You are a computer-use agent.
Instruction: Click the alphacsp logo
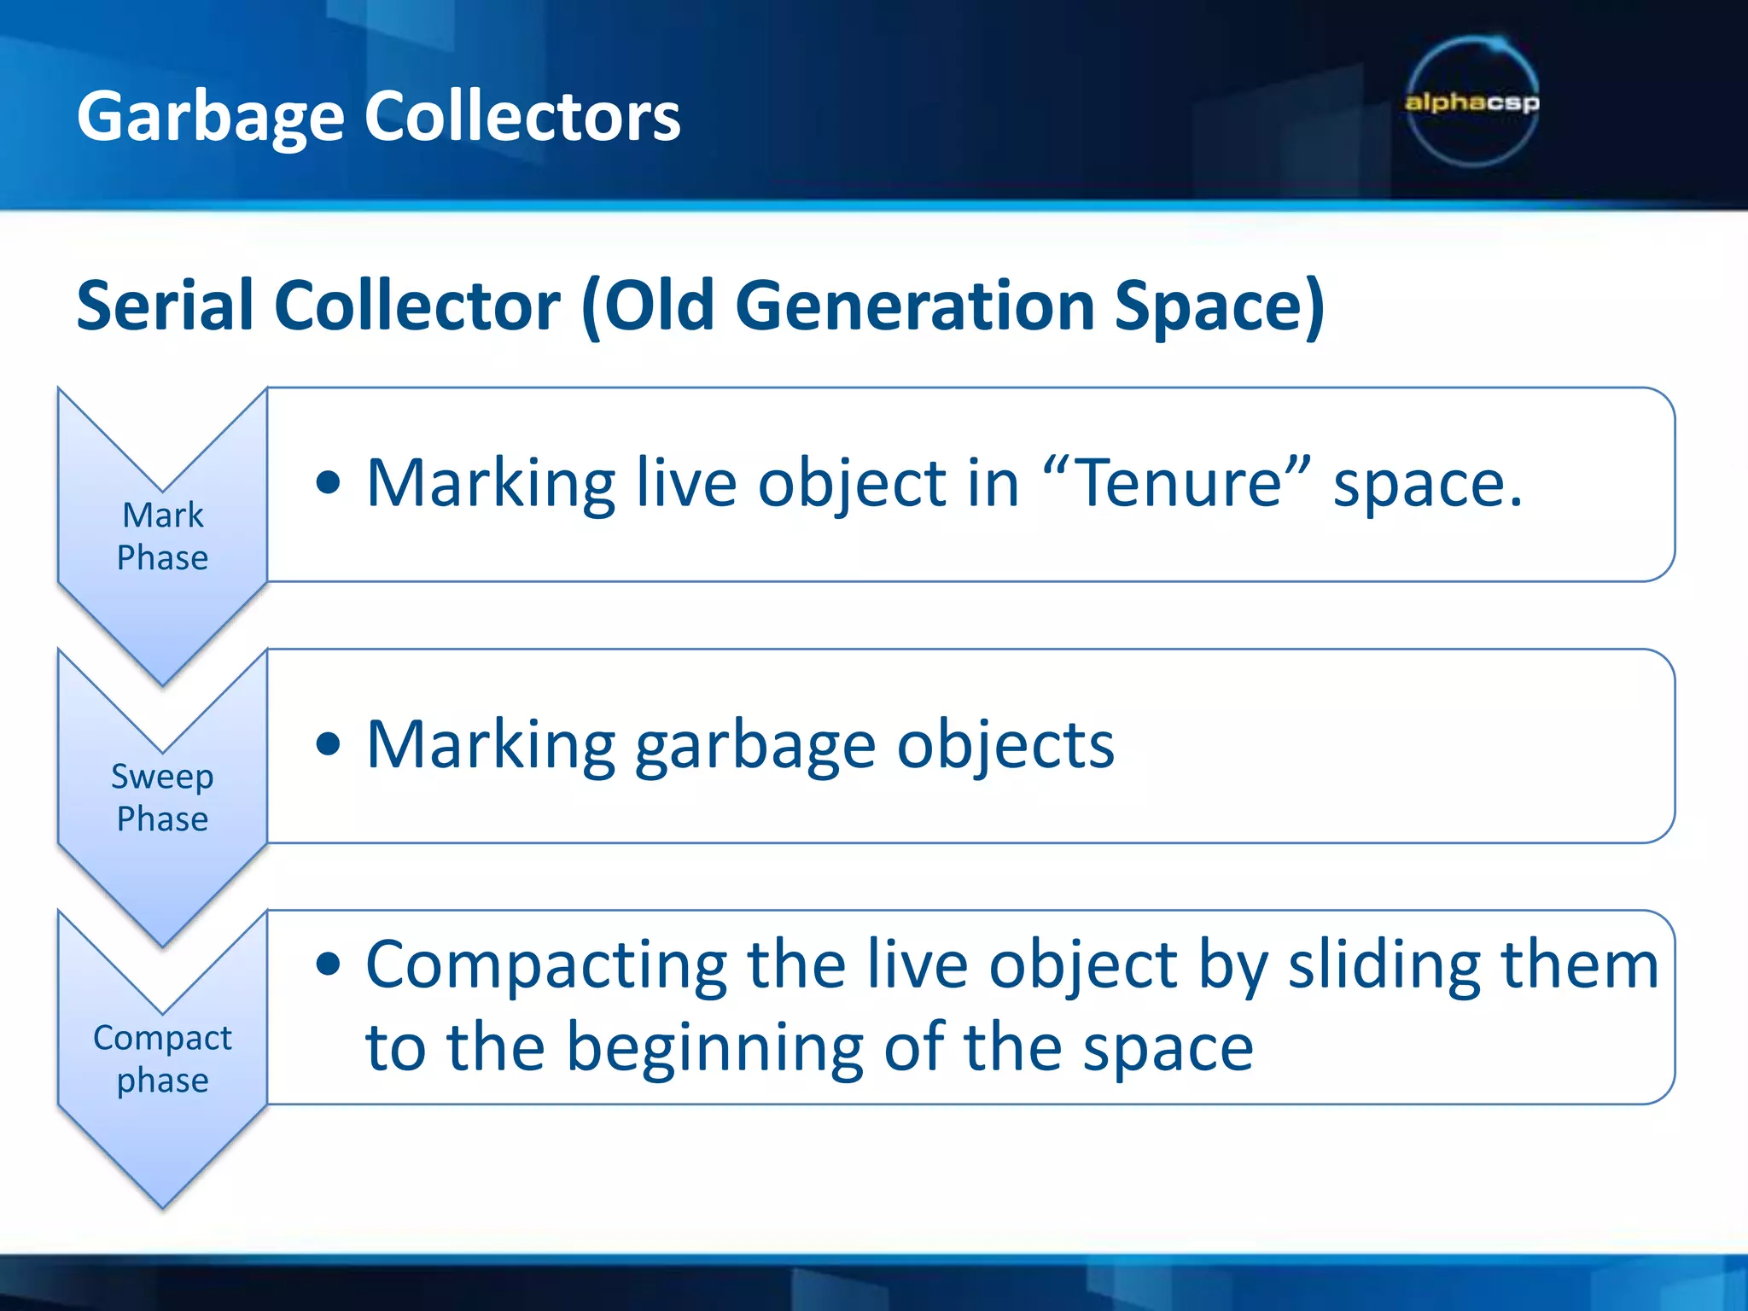point(1472,102)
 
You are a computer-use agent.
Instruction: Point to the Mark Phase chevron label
point(162,536)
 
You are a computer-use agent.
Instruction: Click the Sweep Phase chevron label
point(162,797)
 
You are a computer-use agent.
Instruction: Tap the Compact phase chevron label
point(162,1058)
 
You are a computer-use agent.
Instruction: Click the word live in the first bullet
point(686,483)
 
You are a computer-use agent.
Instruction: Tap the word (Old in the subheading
point(648,305)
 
